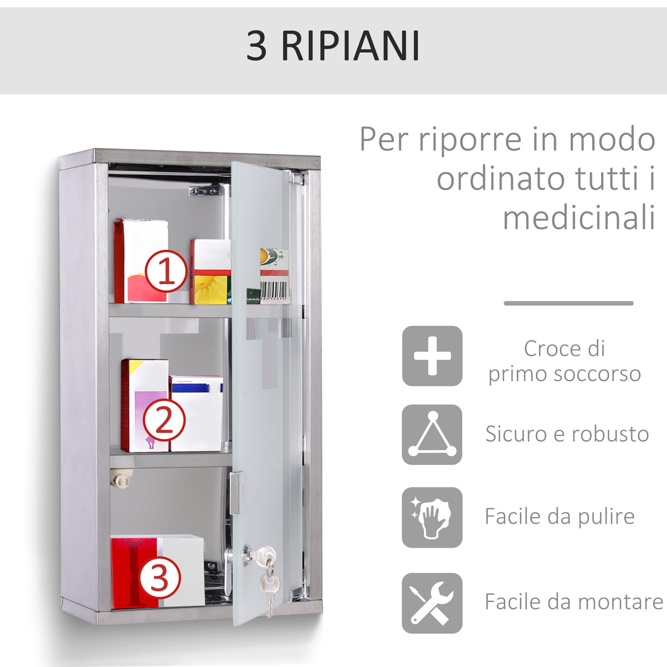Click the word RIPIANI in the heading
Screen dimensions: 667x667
tap(351, 46)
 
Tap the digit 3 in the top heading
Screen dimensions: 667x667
tap(256, 46)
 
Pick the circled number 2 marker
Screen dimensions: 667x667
tap(164, 421)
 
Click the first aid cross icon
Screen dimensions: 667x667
tap(432, 356)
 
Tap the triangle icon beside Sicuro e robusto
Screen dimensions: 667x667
tap(432, 435)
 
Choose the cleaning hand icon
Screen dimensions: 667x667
tap(432, 517)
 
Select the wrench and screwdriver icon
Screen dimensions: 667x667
tap(432, 603)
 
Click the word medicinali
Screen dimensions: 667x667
tap(579, 218)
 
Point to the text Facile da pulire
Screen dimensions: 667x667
tap(559, 516)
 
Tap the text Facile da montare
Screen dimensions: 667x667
tap(574, 602)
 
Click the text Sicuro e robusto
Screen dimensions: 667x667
tap(567, 434)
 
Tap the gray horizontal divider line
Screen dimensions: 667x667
tap(568, 303)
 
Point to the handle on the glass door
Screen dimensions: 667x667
tap(235, 492)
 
